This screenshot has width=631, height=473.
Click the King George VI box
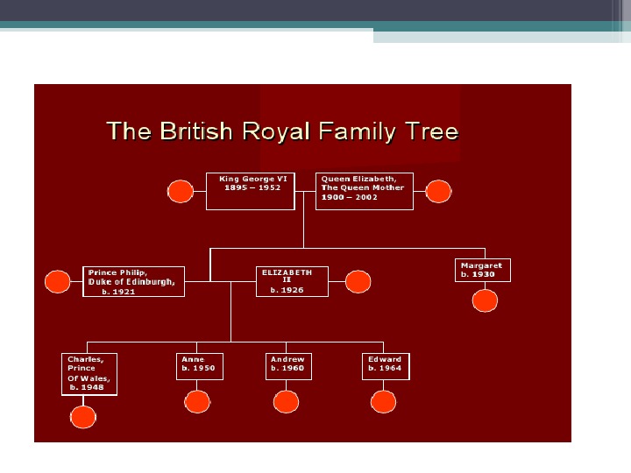(250, 191)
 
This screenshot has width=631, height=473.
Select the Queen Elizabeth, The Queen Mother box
(364, 191)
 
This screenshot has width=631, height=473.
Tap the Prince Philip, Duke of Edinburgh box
(134, 281)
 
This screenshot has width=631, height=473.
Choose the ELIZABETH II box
(292, 281)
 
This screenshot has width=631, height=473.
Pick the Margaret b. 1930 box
(483, 270)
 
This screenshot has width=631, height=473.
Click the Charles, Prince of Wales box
(90, 374)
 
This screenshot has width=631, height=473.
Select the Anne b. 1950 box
(200, 366)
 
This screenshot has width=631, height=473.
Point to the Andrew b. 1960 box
(288, 366)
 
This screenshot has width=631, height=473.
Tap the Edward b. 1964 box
(386, 366)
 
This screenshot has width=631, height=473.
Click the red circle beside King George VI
(181, 191)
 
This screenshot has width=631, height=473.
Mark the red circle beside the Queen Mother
(438, 191)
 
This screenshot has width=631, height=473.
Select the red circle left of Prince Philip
(58, 281)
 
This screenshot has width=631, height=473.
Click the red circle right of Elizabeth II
(358, 281)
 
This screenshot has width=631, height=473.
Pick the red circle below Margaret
(485, 301)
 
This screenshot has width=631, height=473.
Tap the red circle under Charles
(83, 417)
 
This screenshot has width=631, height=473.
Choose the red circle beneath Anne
(198, 402)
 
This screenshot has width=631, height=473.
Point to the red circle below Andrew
(287, 402)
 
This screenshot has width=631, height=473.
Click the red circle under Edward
(384, 402)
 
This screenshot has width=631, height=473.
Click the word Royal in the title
(278, 132)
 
